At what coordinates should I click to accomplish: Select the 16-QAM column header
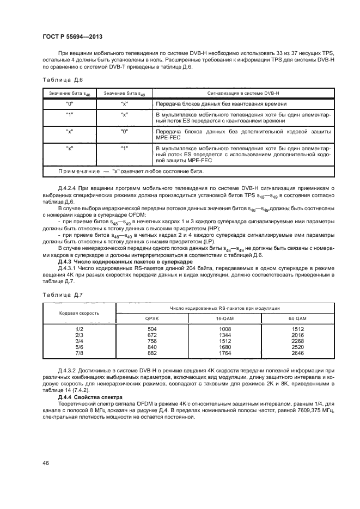coord(223,318)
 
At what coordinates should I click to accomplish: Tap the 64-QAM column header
coord(297,318)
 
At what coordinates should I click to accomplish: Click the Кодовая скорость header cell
coord(79,313)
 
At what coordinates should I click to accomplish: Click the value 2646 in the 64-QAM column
coord(297,353)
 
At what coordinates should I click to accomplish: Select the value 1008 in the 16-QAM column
coord(223,330)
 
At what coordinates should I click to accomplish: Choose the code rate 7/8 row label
coord(79,353)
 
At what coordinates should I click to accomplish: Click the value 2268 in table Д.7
coord(297,341)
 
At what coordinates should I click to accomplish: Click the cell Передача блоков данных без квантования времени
coord(221,103)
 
